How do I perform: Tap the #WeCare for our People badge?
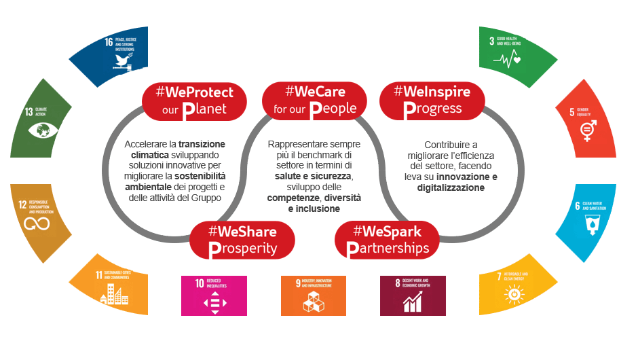tap(309, 99)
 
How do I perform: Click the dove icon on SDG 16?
tap(123, 61)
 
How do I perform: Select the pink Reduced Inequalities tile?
tap(214, 295)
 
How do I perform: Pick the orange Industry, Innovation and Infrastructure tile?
tap(314, 295)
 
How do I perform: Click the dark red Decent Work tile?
tap(413, 295)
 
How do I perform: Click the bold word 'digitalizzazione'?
tap(451, 187)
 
